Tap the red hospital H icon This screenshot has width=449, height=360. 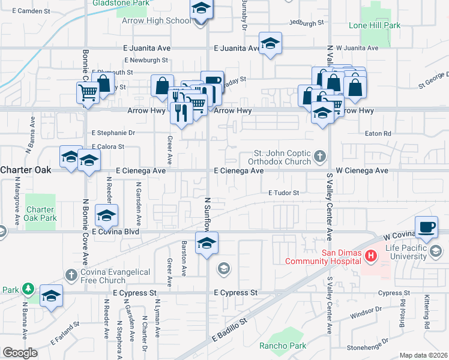tap(371, 256)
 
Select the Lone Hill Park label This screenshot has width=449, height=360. tap(375, 26)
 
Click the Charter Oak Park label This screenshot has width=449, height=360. tap(41, 214)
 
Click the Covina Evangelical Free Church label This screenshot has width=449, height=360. tap(116, 277)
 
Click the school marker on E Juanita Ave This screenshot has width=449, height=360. tap(270, 43)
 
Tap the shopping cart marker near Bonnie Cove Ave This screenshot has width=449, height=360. tap(88, 93)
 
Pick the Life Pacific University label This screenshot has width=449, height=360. tap(408, 253)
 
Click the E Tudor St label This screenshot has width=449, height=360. tap(283, 193)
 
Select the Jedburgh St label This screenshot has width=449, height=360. tap(306, 22)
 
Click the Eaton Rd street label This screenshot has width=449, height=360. tap(378, 133)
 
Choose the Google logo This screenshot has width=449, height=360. tap(20, 353)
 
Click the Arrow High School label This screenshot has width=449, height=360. tap(156, 20)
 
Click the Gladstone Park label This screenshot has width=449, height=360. tap(121, 3)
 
